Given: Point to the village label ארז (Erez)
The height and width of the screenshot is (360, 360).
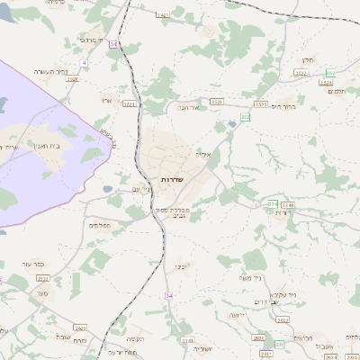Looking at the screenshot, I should tap(105, 101).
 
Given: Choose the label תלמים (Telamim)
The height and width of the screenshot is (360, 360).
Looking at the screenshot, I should tap(337, 91).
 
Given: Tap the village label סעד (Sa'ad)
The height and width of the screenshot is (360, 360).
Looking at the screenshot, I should tap(42, 293).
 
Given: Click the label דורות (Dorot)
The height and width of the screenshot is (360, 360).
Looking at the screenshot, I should tap(282, 213).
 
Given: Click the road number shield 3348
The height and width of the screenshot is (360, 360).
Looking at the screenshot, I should tap(287, 205).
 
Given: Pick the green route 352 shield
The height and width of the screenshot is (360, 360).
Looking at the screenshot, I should tap(330, 72).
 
